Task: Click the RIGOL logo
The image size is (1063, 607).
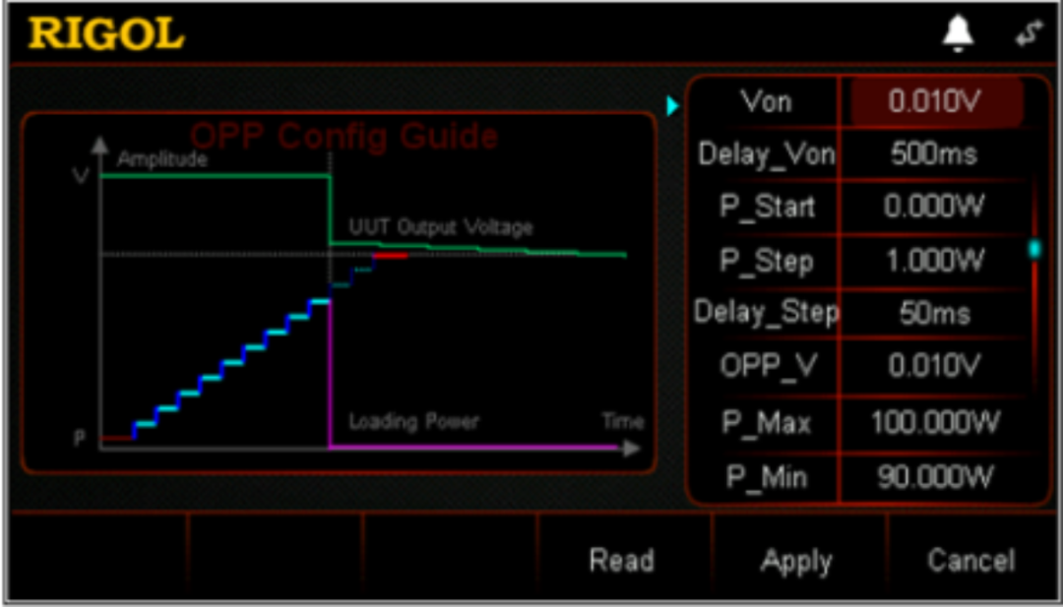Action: tap(106, 34)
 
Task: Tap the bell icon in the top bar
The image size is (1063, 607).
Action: tap(958, 34)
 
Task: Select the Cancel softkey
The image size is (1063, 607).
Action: tap(970, 561)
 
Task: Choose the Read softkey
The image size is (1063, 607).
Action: tap(621, 561)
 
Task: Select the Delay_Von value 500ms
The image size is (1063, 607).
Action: tap(934, 154)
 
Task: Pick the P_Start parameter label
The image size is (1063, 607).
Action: tap(767, 208)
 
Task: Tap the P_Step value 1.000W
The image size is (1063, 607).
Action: tap(934, 261)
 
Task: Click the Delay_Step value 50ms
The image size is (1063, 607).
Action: tap(934, 314)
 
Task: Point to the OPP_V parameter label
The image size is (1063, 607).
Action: tap(767, 366)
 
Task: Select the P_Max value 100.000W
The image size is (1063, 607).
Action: tap(934, 424)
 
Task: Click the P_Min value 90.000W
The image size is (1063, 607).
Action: tap(934, 478)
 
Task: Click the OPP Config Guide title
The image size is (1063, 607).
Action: tap(344, 136)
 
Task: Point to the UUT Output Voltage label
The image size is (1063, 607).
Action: tap(440, 228)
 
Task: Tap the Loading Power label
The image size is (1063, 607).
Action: tap(413, 422)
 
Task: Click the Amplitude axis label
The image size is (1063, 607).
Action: tap(162, 158)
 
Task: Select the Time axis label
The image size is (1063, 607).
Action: tap(622, 422)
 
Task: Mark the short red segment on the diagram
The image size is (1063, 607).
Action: tap(390, 256)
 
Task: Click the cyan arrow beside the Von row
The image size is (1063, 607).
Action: tap(673, 105)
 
